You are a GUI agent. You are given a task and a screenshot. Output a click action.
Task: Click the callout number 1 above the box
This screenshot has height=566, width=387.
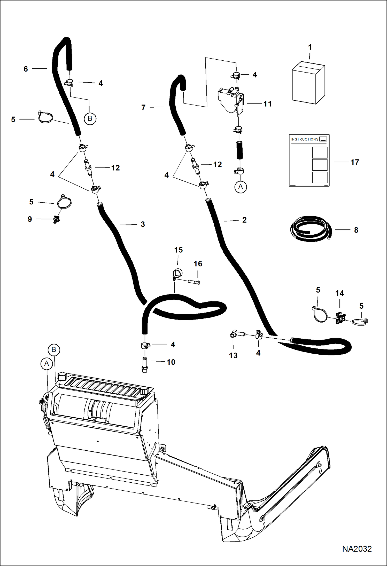pos(310,47)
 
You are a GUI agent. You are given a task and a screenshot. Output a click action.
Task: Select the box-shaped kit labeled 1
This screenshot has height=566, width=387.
pos(308,83)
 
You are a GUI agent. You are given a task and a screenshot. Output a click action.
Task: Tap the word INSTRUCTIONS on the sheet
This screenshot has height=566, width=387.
pos(305,139)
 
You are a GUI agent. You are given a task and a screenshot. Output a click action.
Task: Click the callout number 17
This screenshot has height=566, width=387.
pos(355,162)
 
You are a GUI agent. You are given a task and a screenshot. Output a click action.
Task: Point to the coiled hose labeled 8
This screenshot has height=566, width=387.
pos(311,229)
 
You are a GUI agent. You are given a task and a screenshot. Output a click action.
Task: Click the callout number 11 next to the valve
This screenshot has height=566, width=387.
pos(267,104)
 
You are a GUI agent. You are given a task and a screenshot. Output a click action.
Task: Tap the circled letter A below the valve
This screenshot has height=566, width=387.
pos(241,187)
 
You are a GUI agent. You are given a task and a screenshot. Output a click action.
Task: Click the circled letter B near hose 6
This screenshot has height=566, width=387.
pos(90,119)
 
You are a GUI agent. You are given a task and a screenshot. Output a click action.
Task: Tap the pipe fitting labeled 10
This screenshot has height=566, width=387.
pos(144,364)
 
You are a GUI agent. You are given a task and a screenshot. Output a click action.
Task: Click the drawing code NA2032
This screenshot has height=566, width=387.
pos(357,549)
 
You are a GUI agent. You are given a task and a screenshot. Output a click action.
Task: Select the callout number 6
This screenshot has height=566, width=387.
pos(26,69)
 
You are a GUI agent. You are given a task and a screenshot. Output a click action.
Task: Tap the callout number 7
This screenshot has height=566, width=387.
pos(143,108)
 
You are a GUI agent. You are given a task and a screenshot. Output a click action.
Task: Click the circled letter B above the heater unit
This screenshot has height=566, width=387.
pos(54,350)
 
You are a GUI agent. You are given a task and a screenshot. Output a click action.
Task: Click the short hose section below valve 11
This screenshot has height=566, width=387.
pos(240,150)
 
